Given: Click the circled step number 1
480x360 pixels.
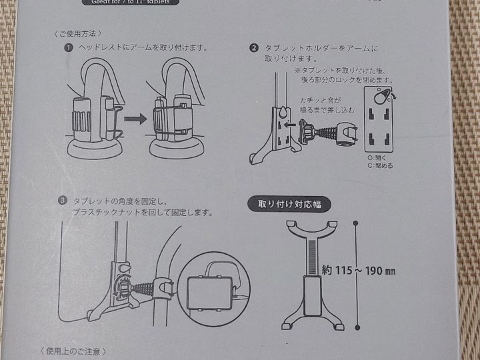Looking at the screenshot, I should (x=69, y=48).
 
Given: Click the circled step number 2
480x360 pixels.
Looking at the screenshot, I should (x=254, y=48).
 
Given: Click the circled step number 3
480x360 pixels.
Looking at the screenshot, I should (x=62, y=200).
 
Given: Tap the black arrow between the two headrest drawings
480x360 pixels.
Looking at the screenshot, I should (x=135, y=119).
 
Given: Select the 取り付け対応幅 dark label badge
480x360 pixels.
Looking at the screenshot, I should (x=289, y=204).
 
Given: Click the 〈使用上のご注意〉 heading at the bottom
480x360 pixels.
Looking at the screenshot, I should (x=73, y=351).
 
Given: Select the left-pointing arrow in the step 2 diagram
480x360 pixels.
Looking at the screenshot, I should (x=289, y=124).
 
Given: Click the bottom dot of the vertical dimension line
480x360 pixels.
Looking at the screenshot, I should (x=357, y=327).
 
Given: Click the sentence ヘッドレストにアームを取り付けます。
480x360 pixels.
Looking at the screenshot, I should (x=144, y=48).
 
